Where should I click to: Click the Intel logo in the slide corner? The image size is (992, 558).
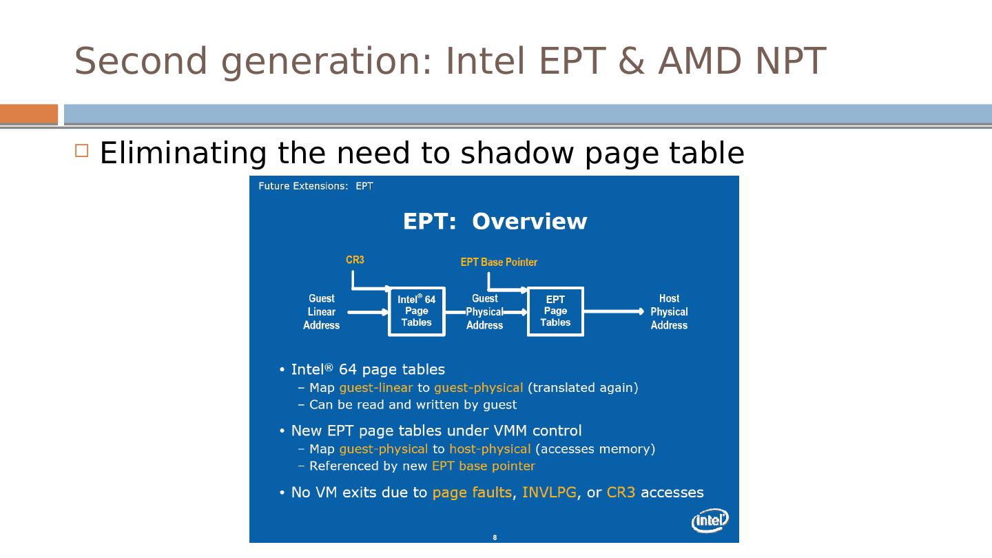710,521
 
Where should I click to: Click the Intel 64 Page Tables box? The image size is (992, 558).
417,311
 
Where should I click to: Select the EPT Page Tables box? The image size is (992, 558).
555,311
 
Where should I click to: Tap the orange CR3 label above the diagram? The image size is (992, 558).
355,260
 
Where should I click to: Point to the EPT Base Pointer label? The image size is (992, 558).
499,262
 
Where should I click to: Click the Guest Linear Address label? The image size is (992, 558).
322,312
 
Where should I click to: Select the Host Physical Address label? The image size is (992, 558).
669,312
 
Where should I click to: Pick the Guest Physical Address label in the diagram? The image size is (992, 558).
485,312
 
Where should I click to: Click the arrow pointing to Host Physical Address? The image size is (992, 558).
614,311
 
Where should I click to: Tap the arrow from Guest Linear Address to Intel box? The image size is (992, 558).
368,312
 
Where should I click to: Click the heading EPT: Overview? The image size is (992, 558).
495,222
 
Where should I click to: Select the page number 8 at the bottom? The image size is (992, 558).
495,537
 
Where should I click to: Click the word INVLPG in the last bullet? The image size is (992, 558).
549,493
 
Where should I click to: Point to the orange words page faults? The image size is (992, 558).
472,493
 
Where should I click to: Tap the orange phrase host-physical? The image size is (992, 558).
490,449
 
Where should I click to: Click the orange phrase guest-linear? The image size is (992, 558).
375,388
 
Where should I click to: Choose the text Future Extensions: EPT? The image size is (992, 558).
316,186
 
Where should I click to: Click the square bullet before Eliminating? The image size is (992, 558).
82,151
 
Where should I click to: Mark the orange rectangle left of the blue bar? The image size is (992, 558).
29,114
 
